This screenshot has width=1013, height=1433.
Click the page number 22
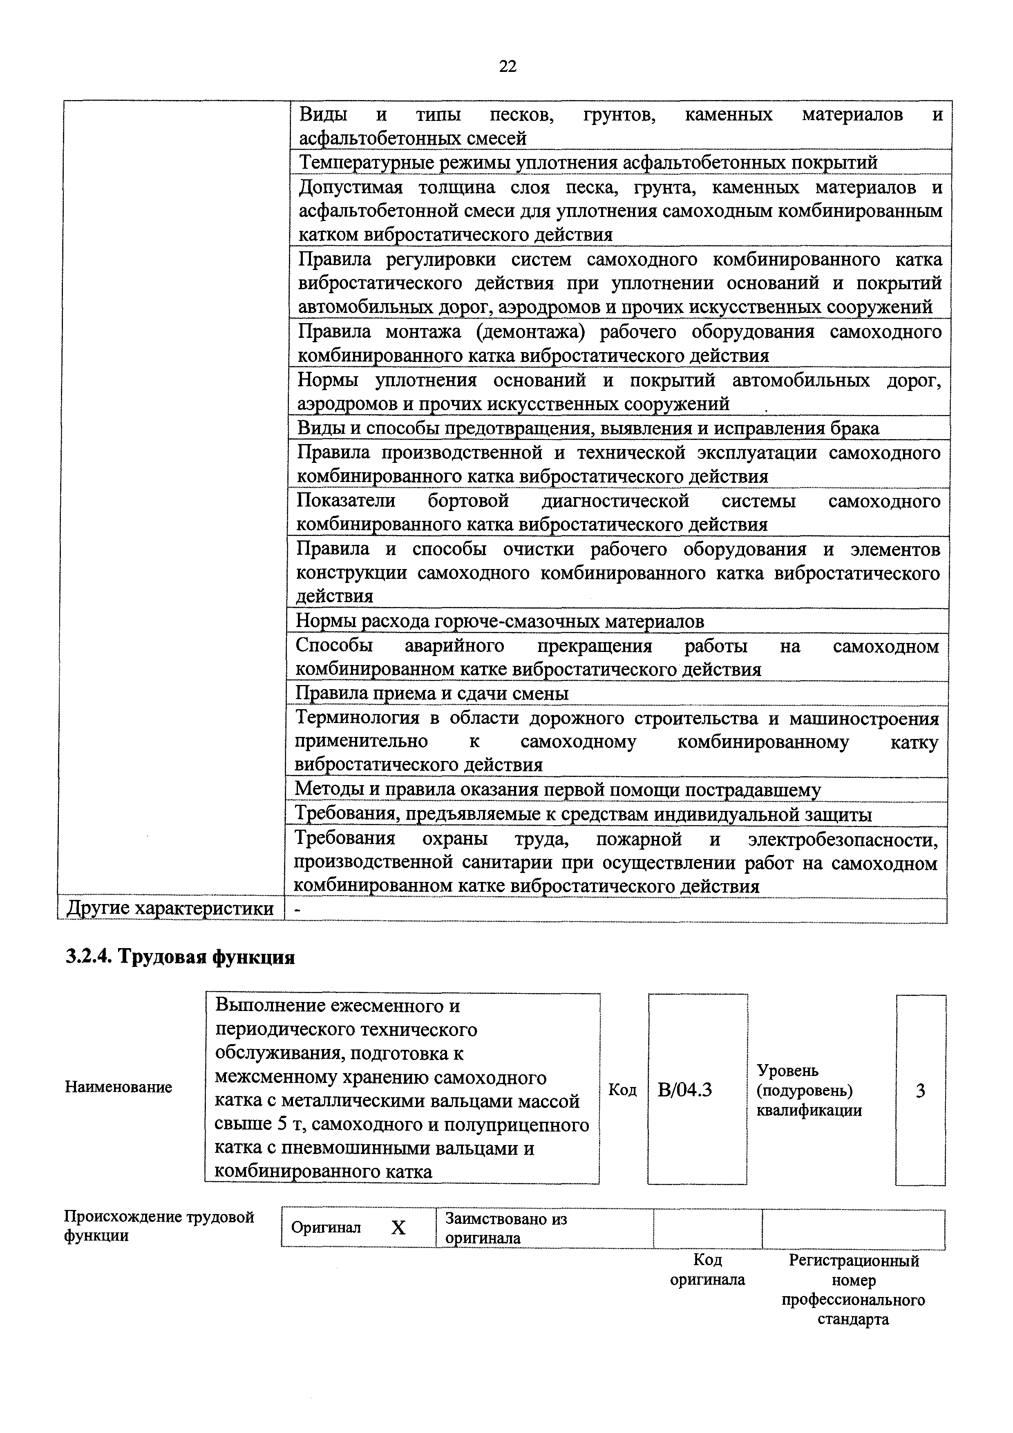(x=508, y=66)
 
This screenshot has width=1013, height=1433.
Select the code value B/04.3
(x=685, y=1090)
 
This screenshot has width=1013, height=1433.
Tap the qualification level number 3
(x=920, y=1091)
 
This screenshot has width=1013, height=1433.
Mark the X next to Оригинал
(x=398, y=1228)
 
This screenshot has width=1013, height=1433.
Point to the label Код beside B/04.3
(x=622, y=1090)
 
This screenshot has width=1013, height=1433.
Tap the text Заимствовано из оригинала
(x=505, y=1228)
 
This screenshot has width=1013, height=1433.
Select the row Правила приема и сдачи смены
(x=432, y=693)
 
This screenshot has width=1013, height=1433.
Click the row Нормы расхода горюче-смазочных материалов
(x=499, y=621)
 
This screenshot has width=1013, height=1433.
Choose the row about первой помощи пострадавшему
(x=557, y=790)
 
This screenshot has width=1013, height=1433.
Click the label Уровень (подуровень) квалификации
(x=809, y=1090)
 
